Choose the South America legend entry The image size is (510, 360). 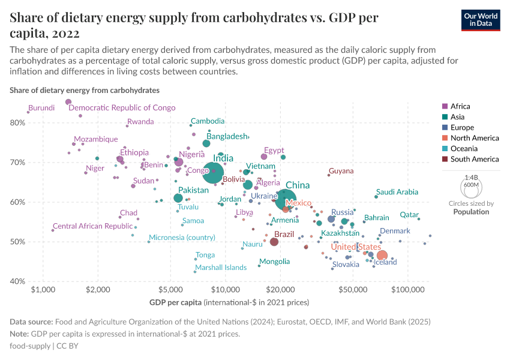474,159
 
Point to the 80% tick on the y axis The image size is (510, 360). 17,122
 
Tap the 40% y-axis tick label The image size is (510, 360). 17,281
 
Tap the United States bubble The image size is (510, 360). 382,256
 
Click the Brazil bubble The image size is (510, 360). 274,242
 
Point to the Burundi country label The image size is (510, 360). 41,108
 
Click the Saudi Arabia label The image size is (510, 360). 397,192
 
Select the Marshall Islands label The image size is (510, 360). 221,268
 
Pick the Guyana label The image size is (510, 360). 341,171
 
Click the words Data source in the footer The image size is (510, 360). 31,322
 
